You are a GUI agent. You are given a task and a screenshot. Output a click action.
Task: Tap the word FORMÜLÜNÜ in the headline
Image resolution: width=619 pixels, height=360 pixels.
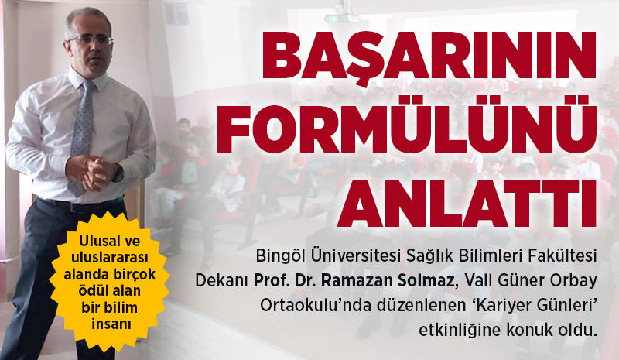point(407,124)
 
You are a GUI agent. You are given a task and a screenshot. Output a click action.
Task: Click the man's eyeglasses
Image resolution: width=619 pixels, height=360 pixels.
point(91,40)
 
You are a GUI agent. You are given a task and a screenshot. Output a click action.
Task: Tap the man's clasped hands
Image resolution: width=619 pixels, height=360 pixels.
point(94,171)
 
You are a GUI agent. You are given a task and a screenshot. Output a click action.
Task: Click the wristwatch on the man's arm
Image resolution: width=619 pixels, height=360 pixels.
point(118,174)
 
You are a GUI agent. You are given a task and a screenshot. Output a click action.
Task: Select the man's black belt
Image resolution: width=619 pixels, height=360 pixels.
point(79,204)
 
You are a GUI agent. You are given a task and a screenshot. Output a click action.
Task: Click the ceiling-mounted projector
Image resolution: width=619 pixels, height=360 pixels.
point(341,15)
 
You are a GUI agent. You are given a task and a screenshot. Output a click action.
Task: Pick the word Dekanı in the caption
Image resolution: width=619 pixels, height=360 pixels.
point(222,281)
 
